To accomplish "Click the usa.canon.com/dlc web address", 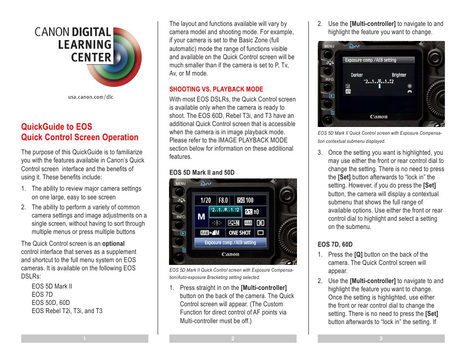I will point(90,97).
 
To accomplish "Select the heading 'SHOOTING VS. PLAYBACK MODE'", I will point(216,89).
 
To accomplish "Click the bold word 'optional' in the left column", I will point(113,243).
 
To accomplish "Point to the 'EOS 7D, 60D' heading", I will point(335,244).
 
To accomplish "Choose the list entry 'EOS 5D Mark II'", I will point(52,287).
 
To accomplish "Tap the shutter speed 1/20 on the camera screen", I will point(203,200).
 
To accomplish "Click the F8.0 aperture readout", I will point(223,200).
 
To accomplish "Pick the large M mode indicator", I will point(201,217).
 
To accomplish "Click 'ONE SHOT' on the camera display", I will point(240,233).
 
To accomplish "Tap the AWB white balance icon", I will point(248,223).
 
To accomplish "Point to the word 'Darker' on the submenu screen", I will point(357,75).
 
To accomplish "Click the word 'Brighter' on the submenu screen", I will point(399,75).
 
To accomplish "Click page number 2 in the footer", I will point(233,339).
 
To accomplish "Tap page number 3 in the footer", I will point(381,339).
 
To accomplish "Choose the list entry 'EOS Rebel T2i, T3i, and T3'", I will point(67,311).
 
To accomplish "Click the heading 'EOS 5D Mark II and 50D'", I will point(202,172).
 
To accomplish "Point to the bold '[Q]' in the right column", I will point(358,254).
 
